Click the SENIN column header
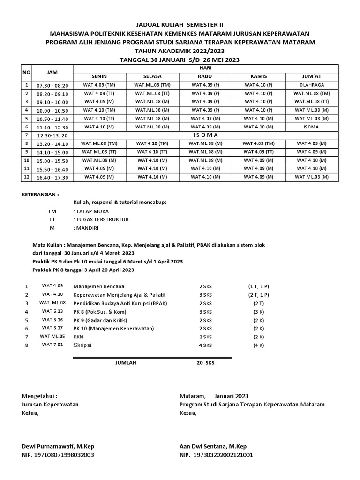click(99, 77)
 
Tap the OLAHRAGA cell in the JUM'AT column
click(311, 85)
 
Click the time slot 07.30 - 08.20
click(52, 86)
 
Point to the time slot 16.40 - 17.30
click(52, 178)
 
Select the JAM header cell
click(52, 73)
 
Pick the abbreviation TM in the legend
click(52, 211)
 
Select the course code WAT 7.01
click(52, 345)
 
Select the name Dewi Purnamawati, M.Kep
click(61, 446)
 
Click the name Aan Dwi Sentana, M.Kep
click(213, 446)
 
